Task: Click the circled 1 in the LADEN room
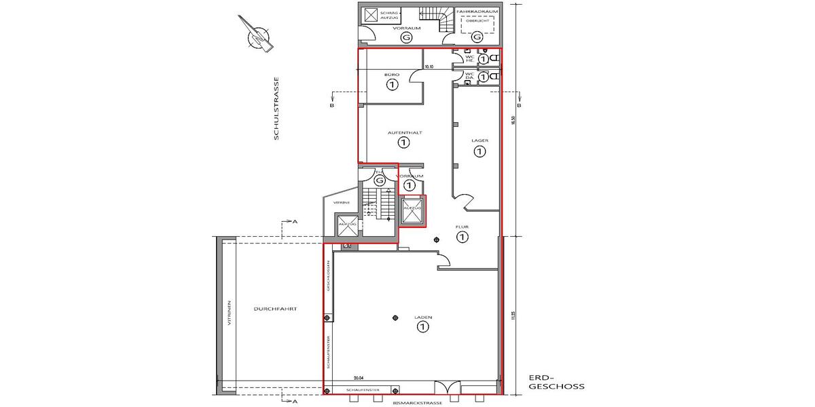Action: (422, 328)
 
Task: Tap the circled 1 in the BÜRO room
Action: (391, 85)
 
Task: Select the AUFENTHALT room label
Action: (405, 132)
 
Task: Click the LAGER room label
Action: (479, 140)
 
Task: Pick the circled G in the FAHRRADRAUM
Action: (477, 37)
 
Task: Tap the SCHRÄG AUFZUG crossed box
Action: (372, 16)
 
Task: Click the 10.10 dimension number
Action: (429, 67)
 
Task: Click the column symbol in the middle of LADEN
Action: (395, 319)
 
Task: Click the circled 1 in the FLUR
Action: (463, 237)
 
